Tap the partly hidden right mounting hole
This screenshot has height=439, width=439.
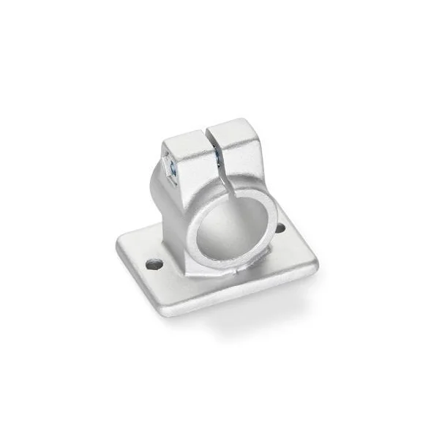(x=279, y=228)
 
